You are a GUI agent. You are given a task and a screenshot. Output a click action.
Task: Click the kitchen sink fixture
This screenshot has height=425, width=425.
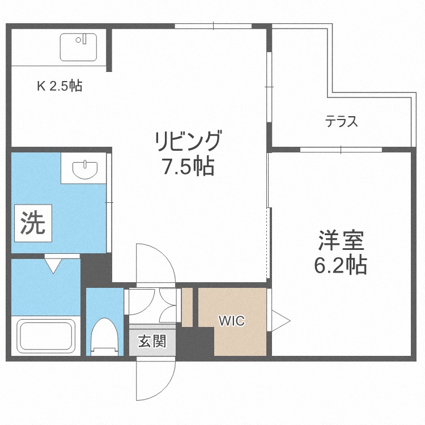coord(78,48)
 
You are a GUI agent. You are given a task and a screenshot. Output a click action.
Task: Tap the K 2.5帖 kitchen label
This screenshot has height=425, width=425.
coord(59,87)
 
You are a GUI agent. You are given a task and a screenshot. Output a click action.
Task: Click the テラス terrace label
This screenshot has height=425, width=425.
coord(342,121)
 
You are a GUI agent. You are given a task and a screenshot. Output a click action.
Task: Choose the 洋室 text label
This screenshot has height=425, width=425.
coord(340,240)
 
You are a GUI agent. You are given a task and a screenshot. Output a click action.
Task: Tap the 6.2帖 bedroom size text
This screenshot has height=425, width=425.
coord(340,264)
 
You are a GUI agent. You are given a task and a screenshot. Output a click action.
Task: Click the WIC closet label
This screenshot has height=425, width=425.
coord(232,321)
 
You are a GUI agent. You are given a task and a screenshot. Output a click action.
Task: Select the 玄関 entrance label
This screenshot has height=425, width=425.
coord(152,342)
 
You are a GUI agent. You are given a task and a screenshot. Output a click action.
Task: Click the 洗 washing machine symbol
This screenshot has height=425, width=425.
coord(32,223)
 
